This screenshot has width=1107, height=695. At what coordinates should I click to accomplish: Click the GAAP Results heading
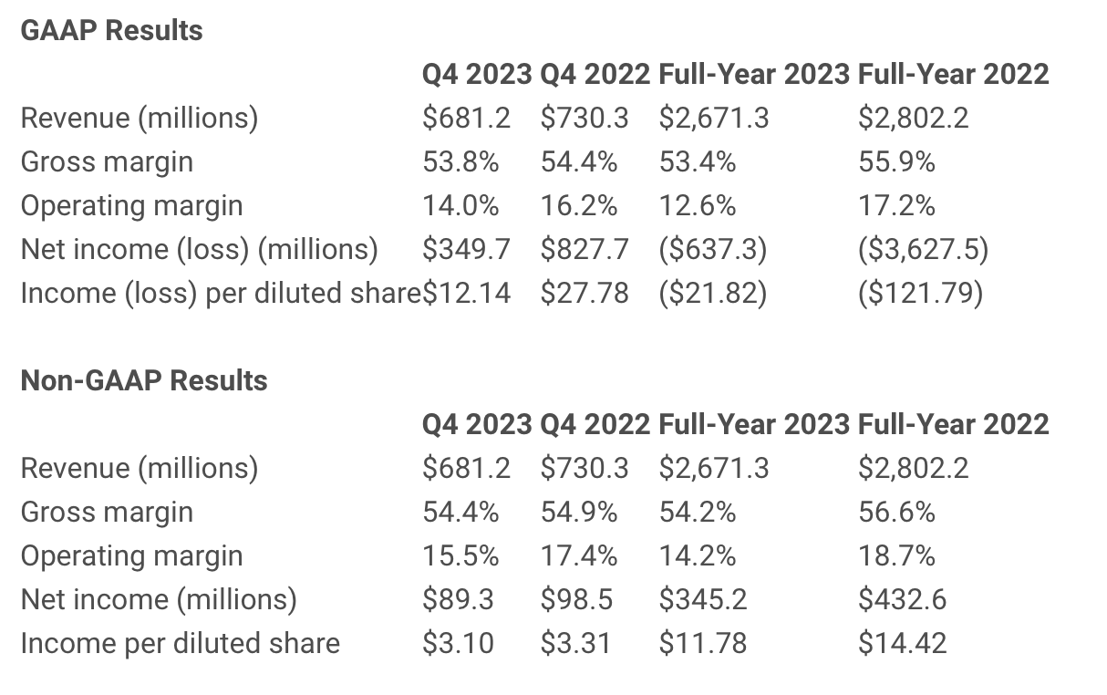coord(111,31)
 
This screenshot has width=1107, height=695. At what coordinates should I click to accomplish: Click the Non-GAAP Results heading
coord(144,380)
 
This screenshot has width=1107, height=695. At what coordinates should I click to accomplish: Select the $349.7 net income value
coord(466,249)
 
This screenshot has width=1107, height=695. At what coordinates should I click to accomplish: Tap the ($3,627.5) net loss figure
coord(923,249)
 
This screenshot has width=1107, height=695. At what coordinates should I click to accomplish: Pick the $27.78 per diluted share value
coord(584,293)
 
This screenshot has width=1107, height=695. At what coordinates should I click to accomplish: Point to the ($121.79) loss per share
coord(920,293)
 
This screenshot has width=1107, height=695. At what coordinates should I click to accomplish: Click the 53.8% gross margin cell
coord(460,162)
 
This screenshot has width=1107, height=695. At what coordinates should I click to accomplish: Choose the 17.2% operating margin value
coord(896,206)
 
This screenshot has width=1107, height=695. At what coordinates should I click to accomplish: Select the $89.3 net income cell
coord(458,599)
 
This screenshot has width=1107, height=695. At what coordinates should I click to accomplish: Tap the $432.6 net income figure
coord(902,599)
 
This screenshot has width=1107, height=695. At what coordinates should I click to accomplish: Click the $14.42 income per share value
coord(902,643)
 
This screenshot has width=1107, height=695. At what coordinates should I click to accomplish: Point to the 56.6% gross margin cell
coord(896,512)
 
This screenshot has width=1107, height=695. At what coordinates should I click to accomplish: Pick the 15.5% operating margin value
coord(460,555)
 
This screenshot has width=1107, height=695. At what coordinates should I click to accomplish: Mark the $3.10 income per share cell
coord(458,643)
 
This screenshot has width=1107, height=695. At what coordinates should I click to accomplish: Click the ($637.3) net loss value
coord(712,249)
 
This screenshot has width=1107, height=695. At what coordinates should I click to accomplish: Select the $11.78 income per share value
coord(702,643)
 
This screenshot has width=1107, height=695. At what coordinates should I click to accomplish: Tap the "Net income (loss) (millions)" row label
coord(199,249)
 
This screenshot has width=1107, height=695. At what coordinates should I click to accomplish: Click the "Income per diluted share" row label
coord(180,643)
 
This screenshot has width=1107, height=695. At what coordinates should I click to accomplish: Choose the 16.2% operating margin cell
coord(578,206)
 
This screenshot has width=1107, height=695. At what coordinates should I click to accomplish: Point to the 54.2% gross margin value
coord(697,512)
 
